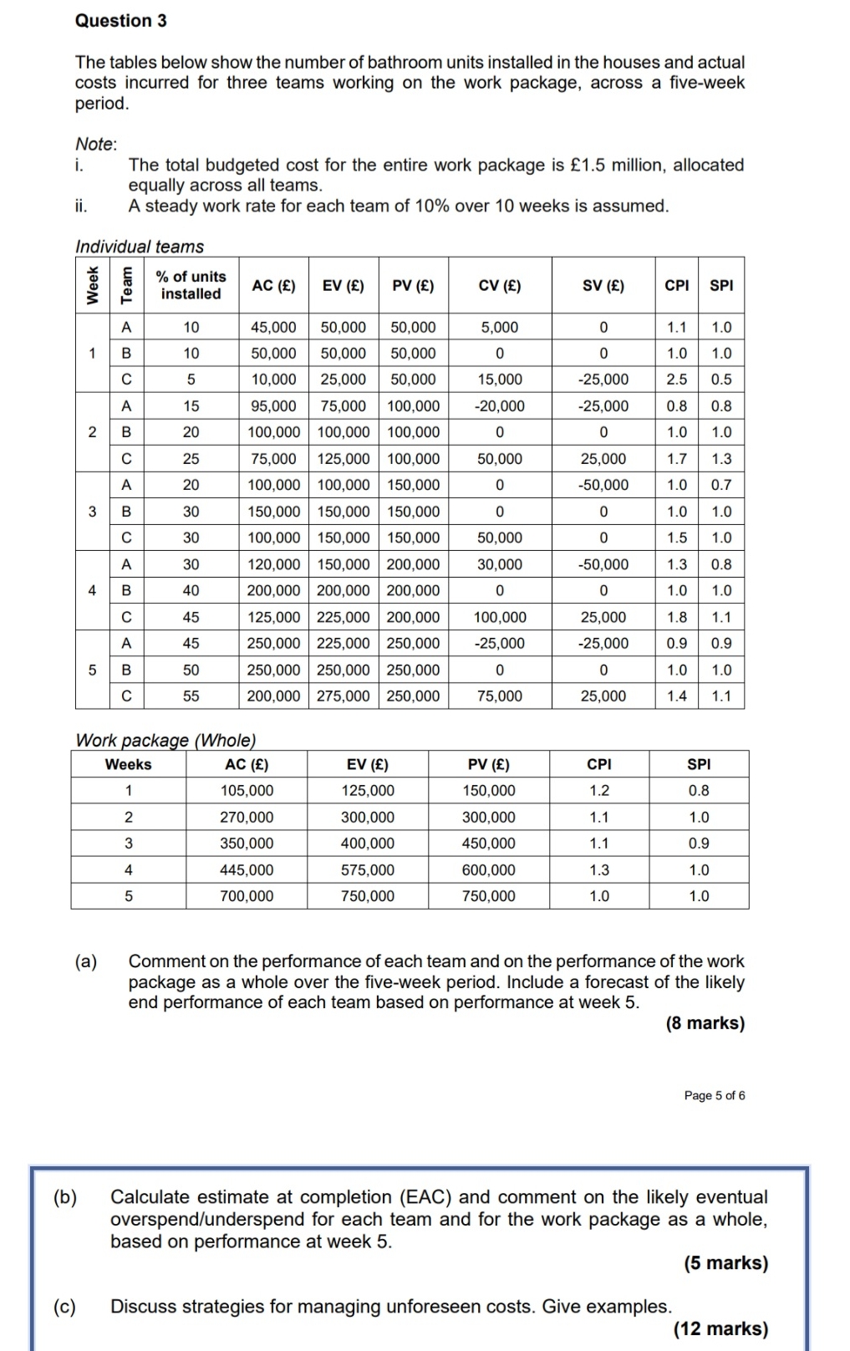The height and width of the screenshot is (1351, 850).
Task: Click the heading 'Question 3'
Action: [x=120, y=21]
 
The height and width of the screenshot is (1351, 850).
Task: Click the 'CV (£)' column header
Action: [x=499, y=286]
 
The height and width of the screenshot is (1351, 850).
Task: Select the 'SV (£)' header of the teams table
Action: [x=603, y=286]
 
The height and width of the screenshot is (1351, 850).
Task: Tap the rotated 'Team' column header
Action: [x=126, y=286]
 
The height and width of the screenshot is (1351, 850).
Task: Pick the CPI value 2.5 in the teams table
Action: [x=676, y=380]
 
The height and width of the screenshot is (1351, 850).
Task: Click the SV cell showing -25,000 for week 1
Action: [x=603, y=380]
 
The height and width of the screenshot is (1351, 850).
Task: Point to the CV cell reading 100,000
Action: [x=499, y=618]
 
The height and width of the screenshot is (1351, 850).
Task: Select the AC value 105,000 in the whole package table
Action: [x=247, y=791]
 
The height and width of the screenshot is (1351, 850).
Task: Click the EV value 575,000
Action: [x=367, y=870]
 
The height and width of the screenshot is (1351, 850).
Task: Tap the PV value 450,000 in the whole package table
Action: [x=489, y=844]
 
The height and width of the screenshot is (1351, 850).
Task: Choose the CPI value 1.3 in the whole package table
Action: [x=598, y=870]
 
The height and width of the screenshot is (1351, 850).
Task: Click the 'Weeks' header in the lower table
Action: [x=128, y=765]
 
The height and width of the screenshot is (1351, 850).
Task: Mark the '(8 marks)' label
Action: [x=705, y=1023]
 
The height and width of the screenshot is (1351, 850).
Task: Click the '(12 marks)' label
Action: [x=720, y=1328]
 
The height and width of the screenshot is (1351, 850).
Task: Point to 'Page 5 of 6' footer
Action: [x=714, y=1096]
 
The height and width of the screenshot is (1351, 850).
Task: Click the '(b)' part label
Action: [x=64, y=1197]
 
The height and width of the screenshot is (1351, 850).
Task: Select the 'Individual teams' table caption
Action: [x=140, y=247]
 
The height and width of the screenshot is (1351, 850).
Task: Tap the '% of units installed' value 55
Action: [x=191, y=696]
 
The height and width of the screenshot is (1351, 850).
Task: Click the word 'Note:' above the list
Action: [x=96, y=144]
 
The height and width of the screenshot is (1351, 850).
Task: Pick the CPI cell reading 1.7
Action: [x=676, y=459]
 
